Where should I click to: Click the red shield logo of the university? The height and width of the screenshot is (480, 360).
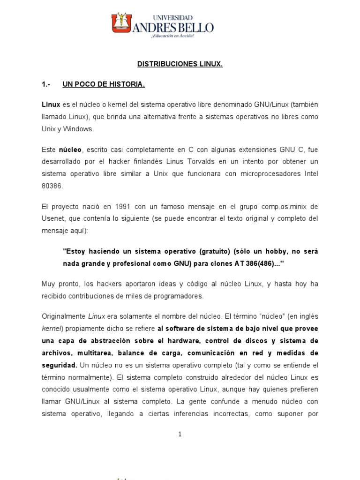121,23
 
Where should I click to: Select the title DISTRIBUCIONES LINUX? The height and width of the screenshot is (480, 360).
180,64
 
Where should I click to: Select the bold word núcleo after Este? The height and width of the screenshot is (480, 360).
70,150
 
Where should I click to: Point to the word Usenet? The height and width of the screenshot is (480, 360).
52,218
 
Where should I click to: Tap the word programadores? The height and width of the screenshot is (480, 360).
181,296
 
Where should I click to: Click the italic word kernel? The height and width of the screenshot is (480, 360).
51,328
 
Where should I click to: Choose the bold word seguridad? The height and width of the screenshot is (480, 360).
59,364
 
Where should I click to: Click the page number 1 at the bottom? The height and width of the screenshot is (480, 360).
180,435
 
